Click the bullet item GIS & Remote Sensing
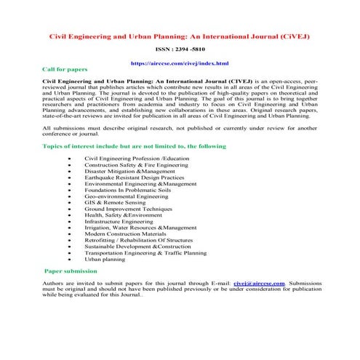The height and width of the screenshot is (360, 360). coord(117,203)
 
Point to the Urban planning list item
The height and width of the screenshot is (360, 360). coord(105,258)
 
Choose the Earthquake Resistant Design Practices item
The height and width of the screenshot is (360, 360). coord(134,178)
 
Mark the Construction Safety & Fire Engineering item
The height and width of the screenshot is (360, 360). coord(136,166)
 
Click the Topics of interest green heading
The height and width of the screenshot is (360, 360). coord(135,147)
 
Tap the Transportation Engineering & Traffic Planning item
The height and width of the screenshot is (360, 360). coord(146,252)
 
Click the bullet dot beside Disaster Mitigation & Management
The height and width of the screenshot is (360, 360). coord(69,172)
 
